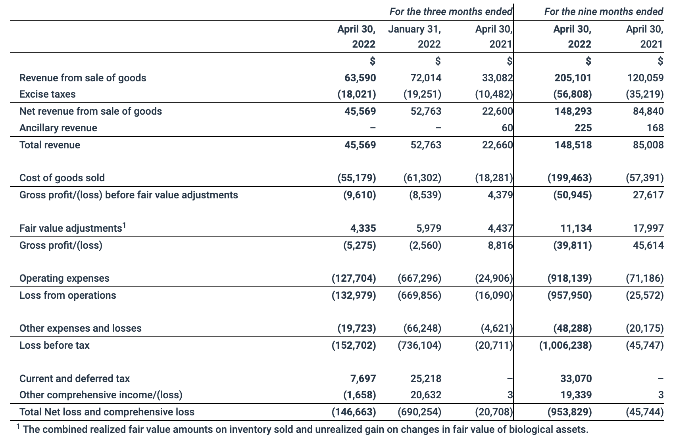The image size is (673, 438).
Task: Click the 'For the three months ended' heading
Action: click(450, 12)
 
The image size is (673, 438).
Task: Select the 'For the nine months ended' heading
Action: click(603, 12)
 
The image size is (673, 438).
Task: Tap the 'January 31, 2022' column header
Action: click(414, 36)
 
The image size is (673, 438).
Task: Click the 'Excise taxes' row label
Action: click(47, 94)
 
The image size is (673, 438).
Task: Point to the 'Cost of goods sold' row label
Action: click(62, 178)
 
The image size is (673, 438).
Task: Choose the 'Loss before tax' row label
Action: click(54, 345)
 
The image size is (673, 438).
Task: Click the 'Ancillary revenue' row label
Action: click(58, 128)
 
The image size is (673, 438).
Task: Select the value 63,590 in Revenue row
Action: click(360, 77)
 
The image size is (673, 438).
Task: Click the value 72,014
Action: click(426, 77)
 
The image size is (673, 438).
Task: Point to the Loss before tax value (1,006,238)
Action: click(565, 345)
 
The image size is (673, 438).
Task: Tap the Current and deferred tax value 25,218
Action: click(426, 378)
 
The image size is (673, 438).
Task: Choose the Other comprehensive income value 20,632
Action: click(426, 395)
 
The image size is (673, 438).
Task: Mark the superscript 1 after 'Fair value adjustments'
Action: click(124, 225)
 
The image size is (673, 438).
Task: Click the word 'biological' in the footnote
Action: click(527, 429)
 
